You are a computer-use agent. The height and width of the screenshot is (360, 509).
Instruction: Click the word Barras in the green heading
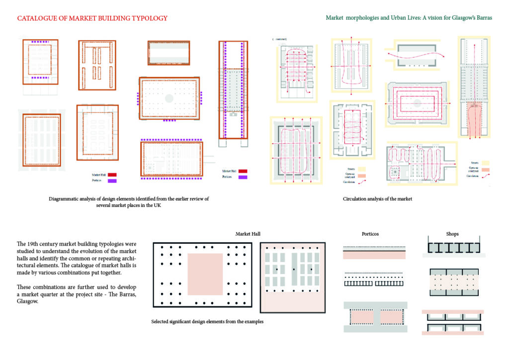pos(482,17)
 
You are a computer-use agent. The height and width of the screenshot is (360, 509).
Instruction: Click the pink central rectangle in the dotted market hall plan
pos(205,273)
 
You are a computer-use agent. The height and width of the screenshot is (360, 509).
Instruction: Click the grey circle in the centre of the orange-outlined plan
pos(169,98)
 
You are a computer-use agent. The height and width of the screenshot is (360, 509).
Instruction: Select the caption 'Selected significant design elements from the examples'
pos(207,322)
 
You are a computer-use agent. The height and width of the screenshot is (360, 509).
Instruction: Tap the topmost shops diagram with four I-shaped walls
pos(452,248)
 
